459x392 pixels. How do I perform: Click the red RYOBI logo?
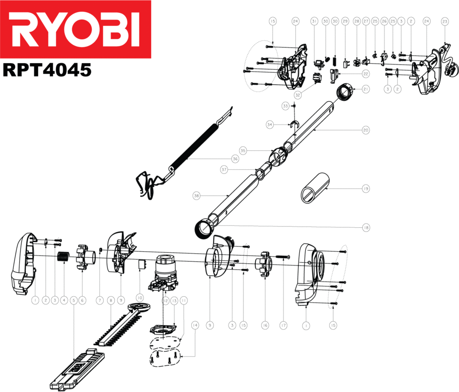tap(76, 29)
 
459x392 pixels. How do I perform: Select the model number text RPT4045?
tap(47, 70)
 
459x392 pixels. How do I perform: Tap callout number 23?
tap(445, 21)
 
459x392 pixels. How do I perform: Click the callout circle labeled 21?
tap(366, 89)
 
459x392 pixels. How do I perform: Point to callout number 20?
tap(366, 130)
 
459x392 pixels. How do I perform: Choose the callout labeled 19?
tap(366, 189)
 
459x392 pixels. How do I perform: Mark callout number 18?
tap(366, 228)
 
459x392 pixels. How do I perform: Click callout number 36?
tap(235, 159)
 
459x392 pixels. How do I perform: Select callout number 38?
tap(197, 196)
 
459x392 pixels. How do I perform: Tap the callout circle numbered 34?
tap(270, 124)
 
